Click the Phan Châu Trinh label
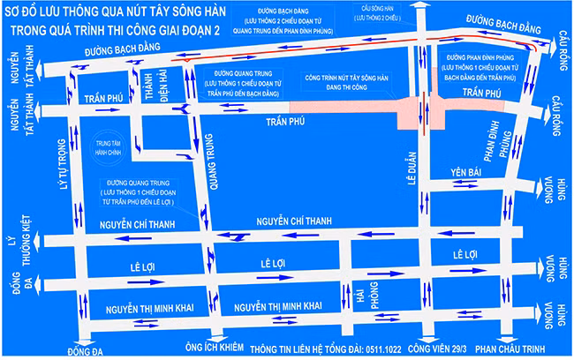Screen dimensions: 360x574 (x=515, y=349)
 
